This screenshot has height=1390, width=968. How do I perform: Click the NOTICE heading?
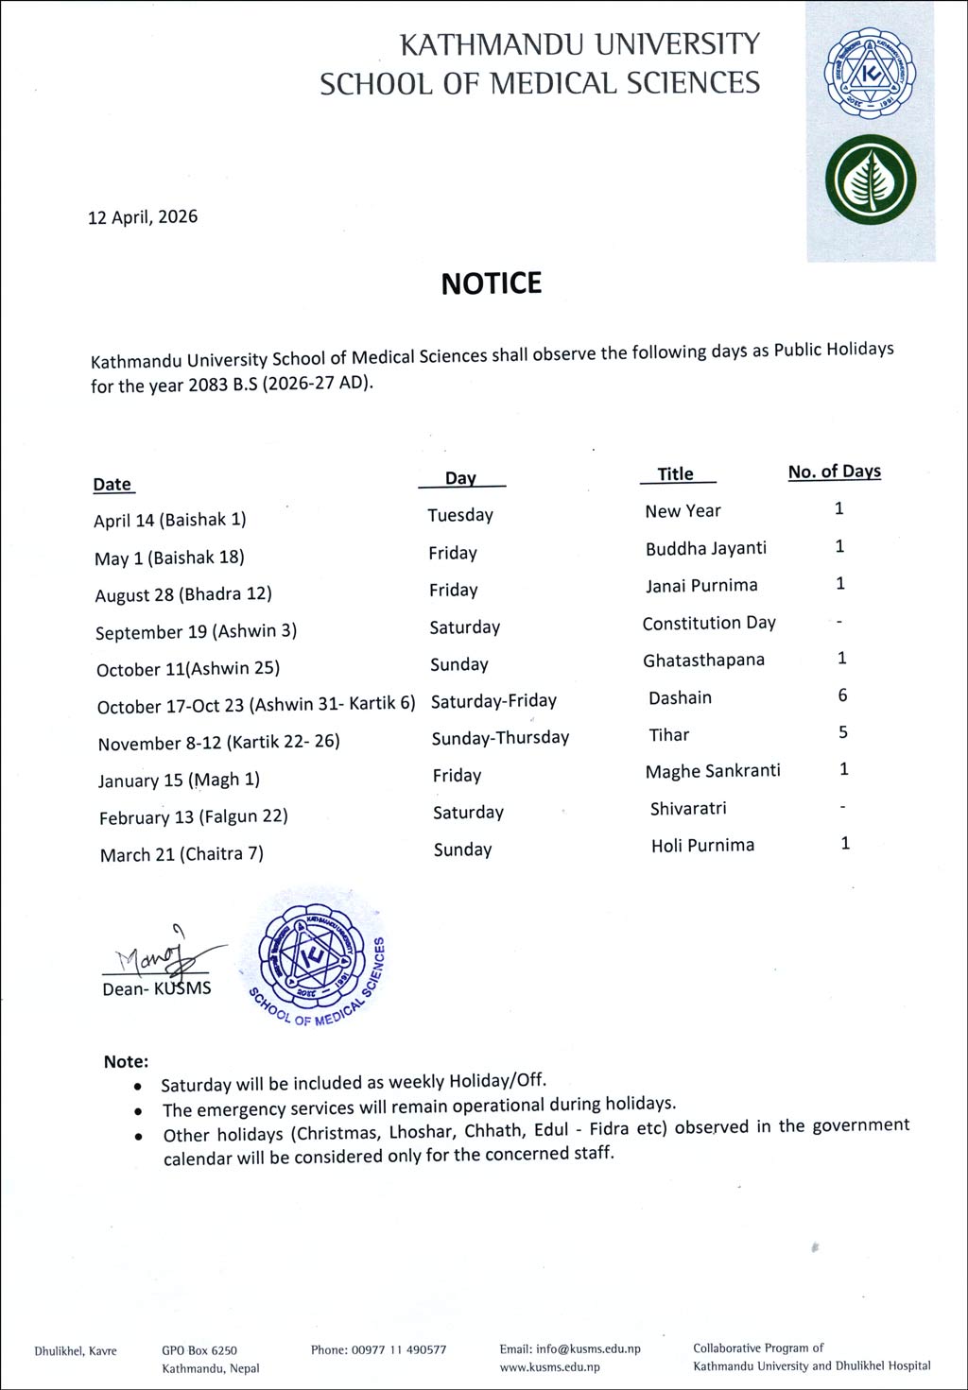click(491, 283)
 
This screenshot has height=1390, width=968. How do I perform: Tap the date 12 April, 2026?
click(143, 216)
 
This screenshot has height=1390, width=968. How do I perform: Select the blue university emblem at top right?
click(871, 75)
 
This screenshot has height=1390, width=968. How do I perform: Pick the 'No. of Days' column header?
click(834, 472)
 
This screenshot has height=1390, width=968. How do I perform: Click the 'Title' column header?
click(676, 474)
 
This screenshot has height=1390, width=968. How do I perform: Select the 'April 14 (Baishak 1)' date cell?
click(170, 520)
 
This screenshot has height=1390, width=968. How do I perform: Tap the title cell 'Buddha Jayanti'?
click(705, 548)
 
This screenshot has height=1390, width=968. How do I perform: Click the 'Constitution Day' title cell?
click(709, 623)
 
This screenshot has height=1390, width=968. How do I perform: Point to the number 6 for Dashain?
click(842, 695)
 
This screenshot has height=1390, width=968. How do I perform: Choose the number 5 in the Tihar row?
click(842, 732)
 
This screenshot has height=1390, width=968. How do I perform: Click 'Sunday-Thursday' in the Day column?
click(500, 738)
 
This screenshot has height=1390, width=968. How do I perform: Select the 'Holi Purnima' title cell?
click(702, 846)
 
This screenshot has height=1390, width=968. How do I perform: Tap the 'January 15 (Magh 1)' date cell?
click(179, 780)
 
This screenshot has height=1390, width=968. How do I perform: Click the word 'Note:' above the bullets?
click(126, 1061)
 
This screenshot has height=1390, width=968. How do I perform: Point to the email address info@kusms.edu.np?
click(588, 1349)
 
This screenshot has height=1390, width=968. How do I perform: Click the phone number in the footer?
click(378, 1349)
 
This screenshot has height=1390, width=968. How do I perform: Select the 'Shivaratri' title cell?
click(688, 809)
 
